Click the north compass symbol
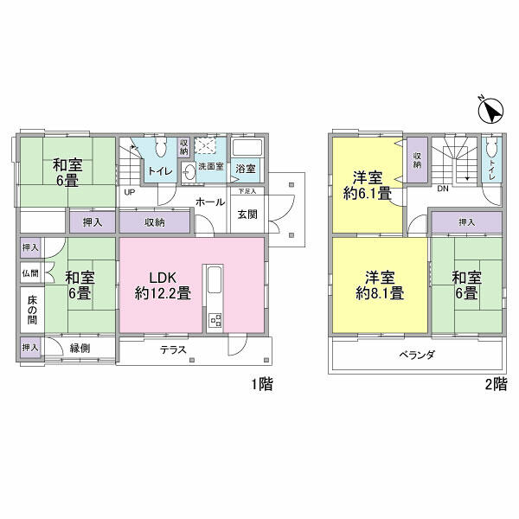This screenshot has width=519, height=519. click(x=491, y=111)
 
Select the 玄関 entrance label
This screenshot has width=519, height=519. click(x=247, y=215)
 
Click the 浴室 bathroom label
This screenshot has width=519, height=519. click(x=246, y=169)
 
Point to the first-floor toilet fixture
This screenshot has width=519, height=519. click(x=161, y=147)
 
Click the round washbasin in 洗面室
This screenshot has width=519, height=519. click(x=189, y=173)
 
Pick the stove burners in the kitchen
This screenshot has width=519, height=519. click(x=215, y=320)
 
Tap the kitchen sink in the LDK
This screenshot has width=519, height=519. click(x=215, y=279)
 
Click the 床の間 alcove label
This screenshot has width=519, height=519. click(x=32, y=310)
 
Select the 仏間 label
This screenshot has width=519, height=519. click(x=30, y=273)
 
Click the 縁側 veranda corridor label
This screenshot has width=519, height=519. click(x=80, y=348)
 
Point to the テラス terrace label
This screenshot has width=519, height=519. click(x=173, y=349)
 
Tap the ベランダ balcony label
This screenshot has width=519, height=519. click(x=416, y=355)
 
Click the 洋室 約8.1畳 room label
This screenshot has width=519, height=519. click(x=380, y=285)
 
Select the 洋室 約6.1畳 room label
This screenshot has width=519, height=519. click(x=368, y=185)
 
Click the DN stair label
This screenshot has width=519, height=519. click(x=443, y=189)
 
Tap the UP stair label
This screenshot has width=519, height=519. click(x=130, y=192)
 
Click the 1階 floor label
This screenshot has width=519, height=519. click(x=262, y=384)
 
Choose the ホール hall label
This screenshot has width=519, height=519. click(x=210, y=202)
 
